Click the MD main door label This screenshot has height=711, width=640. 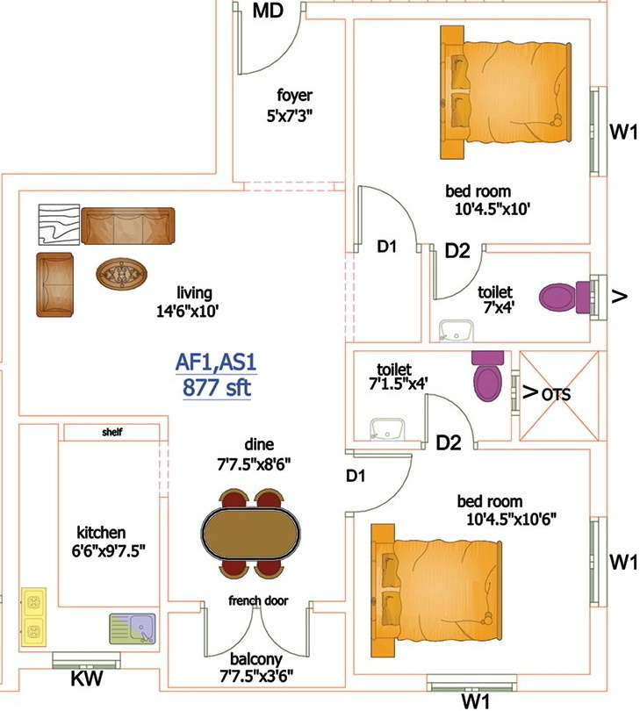pyautogui.click(x=268, y=11)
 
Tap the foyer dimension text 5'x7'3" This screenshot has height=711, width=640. pyautogui.click(x=290, y=117)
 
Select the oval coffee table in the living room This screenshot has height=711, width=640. pyautogui.click(x=121, y=273)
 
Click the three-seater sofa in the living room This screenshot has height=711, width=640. pyautogui.click(x=128, y=226)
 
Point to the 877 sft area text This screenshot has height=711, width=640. pyautogui.click(x=217, y=389)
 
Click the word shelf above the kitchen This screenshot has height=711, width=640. pyautogui.click(x=112, y=432)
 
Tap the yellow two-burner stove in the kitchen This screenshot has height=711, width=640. pyautogui.click(x=33, y=617)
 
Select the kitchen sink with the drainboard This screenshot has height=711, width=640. pyautogui.click(x=133, y=628)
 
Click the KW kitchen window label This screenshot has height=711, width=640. pyautogui.click(x=87, y=679)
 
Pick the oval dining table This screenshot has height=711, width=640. pyautogui.click(x=251, y=533)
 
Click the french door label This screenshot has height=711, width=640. pyautogui.click(x=258, y=600)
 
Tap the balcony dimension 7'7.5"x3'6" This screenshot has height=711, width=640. pyautogui.click(x=256, y=677)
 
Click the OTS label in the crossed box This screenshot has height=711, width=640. pyautogui.click(x=556, y=394)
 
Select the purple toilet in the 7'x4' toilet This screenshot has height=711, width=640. pyautogui.click(x=566, y=297)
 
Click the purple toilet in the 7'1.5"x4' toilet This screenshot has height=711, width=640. pyautogui.click(x=487, y=376)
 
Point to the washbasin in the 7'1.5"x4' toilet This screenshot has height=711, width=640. pyautogui.click(x=387, y=428)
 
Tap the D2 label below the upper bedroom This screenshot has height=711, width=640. pyautogui.click(x=457, y=251)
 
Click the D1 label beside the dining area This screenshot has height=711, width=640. pyautogui.click(x=356, y=476)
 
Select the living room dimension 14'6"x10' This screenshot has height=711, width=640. pyautogui.click(x=188, y=311)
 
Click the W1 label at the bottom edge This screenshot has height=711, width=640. pyautogui.click(x=476, y=701)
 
